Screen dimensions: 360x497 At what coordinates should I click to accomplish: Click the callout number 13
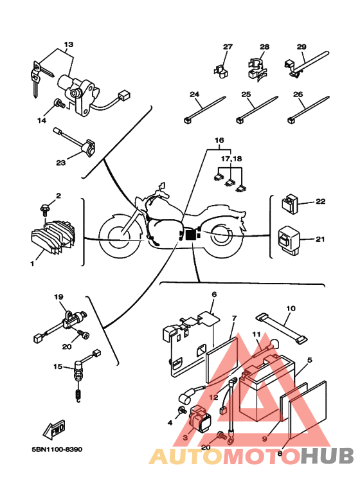click(x=68, y=44)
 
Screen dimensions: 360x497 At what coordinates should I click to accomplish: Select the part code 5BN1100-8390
click(x=57, y=449)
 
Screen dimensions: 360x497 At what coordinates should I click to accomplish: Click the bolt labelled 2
click(x=44, y=210)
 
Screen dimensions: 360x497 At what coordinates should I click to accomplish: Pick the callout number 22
click(x=320, y=202)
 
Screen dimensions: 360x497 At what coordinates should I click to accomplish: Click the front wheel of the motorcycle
click(x=119, y=234)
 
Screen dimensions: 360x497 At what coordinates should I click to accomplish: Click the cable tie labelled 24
click(x=204, y=109)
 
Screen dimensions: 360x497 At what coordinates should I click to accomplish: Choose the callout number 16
click(x=219, y=140)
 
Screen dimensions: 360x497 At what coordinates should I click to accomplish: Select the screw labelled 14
click(x=59, y=103)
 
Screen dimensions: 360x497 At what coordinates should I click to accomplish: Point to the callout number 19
click(x=59, y=297)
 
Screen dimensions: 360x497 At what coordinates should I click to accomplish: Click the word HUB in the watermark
click(x=327, y=456)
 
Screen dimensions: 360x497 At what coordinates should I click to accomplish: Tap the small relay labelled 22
click(x=290, y=204)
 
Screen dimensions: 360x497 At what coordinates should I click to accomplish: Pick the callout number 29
click(x=301, y=46)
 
